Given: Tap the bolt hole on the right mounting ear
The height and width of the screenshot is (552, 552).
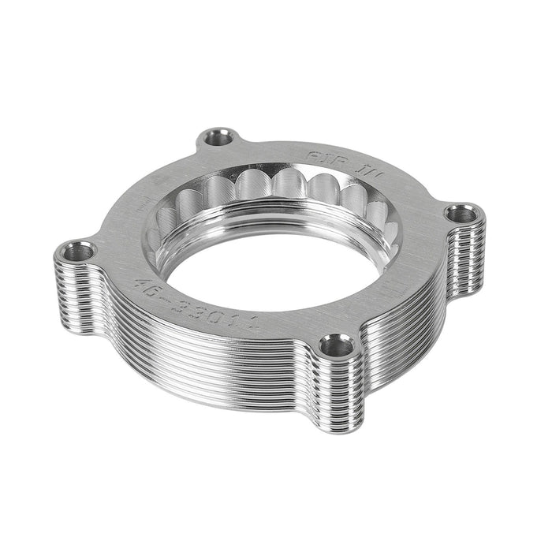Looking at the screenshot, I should [464, 214].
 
